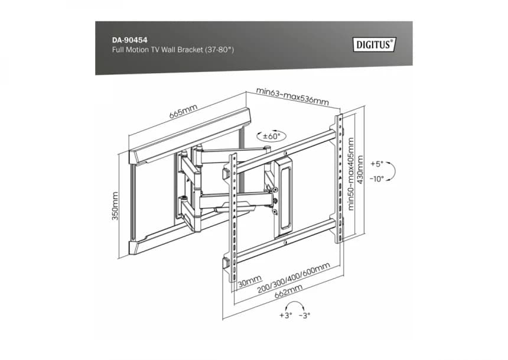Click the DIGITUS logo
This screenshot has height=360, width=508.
coord(375,44)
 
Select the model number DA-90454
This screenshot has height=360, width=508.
coord(129,40)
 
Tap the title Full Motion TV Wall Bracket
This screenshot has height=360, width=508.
coord(158,50)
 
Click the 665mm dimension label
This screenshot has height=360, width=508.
coord(183,111)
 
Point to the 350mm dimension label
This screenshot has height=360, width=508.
coord(115,206)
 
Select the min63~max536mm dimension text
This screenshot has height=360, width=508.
coord(292,96)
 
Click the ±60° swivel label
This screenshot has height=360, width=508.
coord(272,136)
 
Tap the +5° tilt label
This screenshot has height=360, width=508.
coord(377,164)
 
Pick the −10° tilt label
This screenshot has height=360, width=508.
coord(376,179)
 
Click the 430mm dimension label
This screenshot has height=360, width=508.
coord(360,170)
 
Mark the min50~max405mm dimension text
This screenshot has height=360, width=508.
coord(350,174)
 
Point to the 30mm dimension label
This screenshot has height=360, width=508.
coord(250,281)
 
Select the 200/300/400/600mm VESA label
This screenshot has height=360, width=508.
coord(294,278)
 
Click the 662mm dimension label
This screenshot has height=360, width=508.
coord(288,291)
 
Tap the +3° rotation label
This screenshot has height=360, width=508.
coord(286,315)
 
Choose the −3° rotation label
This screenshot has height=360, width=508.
coord(305,315)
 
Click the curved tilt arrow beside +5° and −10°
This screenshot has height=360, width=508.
coord(394,171)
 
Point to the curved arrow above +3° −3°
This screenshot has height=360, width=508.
coord(294,302)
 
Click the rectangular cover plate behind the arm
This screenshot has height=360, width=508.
coord(285,197)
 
